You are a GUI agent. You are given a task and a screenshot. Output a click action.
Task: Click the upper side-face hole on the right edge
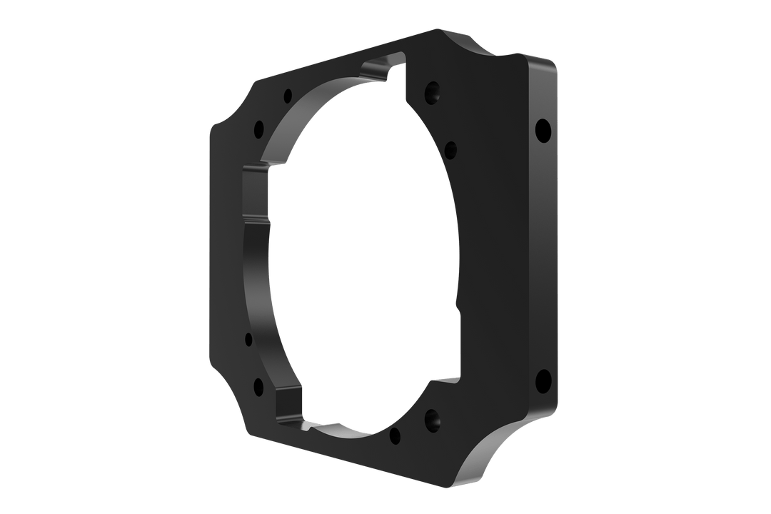[543, 130]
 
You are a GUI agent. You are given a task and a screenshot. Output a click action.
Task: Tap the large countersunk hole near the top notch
[433, 92]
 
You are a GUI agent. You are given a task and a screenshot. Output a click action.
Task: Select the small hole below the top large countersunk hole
[450, 148]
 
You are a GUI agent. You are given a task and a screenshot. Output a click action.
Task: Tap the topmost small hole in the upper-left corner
[288, 94]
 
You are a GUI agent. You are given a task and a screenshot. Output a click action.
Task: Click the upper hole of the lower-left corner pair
[249, 338]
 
